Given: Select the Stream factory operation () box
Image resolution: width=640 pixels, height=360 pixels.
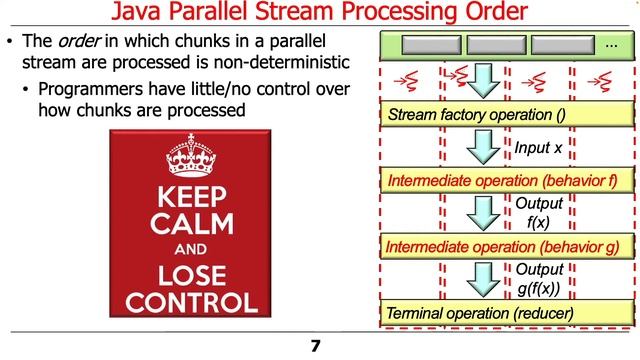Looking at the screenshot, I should click(504, 115).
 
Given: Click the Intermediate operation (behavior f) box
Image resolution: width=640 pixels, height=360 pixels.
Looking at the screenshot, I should click(504, 182).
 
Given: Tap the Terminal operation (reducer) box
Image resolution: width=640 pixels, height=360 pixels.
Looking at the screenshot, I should click(504, 314).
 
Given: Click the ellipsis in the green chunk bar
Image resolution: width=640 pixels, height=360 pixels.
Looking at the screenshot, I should click(611, 46).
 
